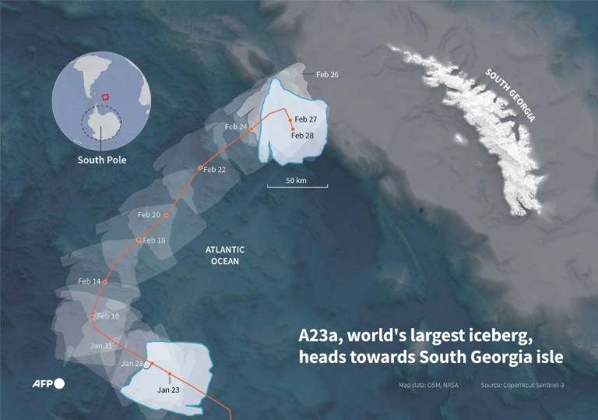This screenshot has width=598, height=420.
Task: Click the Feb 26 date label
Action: tap(328, 75)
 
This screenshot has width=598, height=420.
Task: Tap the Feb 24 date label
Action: tap(236, 126)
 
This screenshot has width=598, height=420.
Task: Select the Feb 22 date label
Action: tap(214, 169)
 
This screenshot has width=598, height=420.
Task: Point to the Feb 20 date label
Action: tap(149, 214)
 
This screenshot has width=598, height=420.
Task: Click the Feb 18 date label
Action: tap(154, 240)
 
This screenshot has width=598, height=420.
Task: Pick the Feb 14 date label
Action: tap(90, 281)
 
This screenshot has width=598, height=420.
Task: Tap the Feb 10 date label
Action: tap(107, 316)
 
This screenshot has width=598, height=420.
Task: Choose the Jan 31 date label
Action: tap(101, 345)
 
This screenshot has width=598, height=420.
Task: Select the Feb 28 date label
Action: tap(304, 136)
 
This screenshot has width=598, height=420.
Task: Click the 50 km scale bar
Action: tap(297, 184)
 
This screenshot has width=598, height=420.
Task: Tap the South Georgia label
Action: tap(511, 94)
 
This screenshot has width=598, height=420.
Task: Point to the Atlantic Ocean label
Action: tap(225, 256)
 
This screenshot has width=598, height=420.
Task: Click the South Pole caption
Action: tap(101, 161)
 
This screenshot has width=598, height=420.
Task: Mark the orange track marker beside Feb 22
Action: tap(200, 168)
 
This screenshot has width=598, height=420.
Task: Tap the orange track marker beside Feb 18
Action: tap(139, 240)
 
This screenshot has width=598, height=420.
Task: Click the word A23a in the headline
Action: tap(321, 337)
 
